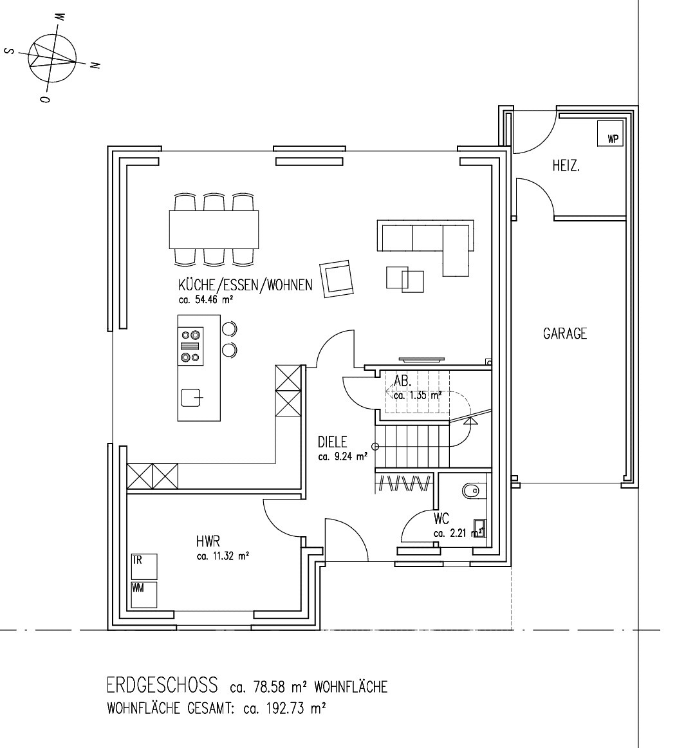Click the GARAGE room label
[565, 333]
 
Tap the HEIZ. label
[566, 166]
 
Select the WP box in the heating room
[610, 133]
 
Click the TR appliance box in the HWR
[144, 566]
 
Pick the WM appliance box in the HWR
[144, 595]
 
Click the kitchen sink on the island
[192, 397]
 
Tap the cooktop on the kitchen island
[190, 346]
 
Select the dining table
[214, 229]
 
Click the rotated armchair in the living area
[338, 279]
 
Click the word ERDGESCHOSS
[162, 685]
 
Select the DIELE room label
[333, 442]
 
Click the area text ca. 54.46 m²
[205, 300]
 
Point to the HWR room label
[208, 541]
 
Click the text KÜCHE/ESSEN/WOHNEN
[245, 285]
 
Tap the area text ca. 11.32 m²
[223, 556]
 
